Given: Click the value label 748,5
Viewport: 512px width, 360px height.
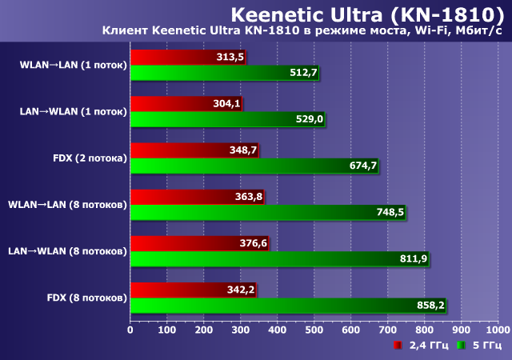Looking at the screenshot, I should (x=390, y=212).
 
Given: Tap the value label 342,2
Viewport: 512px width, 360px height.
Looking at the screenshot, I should (x=241, y=289).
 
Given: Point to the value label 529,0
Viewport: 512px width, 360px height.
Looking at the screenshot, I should (x=310, y=119).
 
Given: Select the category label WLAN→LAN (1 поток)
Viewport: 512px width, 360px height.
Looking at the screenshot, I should (x=74, y=65).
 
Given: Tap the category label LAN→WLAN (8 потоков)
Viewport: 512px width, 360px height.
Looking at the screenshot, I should (x=67, y=250).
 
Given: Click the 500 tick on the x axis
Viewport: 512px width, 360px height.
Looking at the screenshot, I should (x=314, y=329).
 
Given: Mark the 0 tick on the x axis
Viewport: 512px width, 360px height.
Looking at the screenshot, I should (x=130, y=329).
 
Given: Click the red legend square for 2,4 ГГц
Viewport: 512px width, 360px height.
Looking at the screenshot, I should (x=398, y=346).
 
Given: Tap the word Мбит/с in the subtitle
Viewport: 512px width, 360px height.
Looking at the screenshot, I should (x=477, y=30).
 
